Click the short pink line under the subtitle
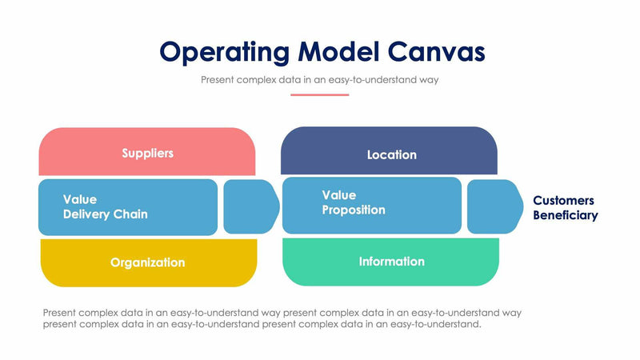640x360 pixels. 319,94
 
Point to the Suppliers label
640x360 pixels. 147,153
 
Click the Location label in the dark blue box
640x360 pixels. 391,154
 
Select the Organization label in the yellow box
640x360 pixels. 147,262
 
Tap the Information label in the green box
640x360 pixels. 391,262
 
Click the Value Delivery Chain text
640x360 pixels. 105,206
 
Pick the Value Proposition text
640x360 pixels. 353,202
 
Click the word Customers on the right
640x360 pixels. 563,200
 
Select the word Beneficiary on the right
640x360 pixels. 565,215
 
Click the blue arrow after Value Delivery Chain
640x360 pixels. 250,206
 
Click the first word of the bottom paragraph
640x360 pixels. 62,312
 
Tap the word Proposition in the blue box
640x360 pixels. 353,210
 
